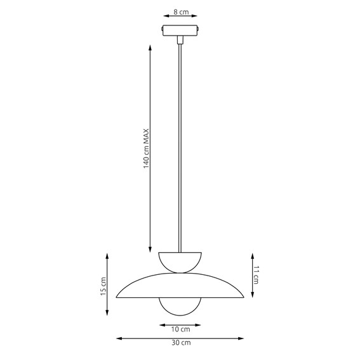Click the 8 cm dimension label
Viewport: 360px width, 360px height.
click(180, 11)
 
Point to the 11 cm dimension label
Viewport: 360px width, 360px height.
click(258, 274)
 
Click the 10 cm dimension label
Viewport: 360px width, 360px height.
click(180, 329)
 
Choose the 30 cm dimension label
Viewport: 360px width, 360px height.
click(180, 342)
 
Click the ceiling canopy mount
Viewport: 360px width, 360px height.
click(180, 30)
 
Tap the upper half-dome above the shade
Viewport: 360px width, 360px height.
click(180, 260)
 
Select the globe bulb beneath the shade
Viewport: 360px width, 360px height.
click(180, 307)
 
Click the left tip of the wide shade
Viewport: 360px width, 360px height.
click(118, 295)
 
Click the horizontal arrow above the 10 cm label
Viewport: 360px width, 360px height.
click(180, 323)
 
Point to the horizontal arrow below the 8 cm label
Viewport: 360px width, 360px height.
click(180, 18)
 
